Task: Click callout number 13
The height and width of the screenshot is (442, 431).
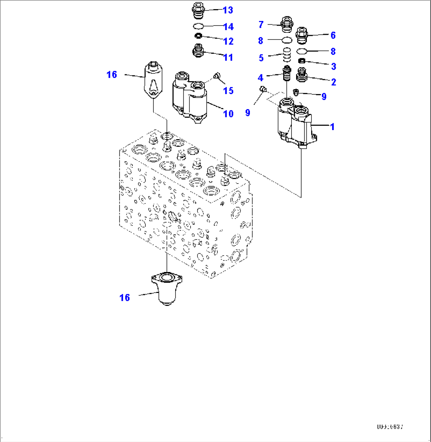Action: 228,10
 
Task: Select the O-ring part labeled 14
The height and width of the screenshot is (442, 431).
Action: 198,26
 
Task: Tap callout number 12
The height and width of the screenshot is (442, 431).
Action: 228,41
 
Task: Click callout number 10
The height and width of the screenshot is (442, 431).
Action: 228,114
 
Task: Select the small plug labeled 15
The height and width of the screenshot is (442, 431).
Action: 216,76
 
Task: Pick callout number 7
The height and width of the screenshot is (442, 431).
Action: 261,25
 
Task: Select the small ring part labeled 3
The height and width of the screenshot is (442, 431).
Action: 302,61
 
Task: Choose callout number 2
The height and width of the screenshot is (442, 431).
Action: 333,82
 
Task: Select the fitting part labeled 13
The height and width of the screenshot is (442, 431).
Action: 198,9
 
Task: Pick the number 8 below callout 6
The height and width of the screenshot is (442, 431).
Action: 333,51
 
